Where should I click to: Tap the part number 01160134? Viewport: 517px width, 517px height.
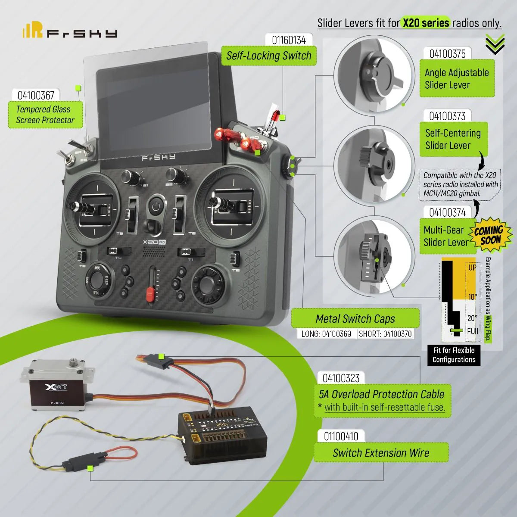[x=289, y=40]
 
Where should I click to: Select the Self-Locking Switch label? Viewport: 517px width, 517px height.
[x=269, y=56]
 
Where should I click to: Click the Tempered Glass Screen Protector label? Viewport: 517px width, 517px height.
[x=45, y=115]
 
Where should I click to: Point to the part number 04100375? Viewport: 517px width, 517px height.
[x=447, y=54]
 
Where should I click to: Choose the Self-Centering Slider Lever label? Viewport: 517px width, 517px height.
[x=453, y=139]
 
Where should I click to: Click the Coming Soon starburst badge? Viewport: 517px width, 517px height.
[x=490, y=235]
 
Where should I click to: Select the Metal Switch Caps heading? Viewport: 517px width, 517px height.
[x=355, y=319]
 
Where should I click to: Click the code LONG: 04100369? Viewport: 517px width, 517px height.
[x=326, y=333]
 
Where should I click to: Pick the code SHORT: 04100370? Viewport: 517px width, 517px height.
[x=385, y=333]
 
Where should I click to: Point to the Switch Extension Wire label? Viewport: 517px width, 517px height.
[x=381, y=453]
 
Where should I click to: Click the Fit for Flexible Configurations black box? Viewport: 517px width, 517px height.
[x=454, y=355]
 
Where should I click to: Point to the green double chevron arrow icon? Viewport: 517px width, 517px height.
[x=495, y=44]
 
